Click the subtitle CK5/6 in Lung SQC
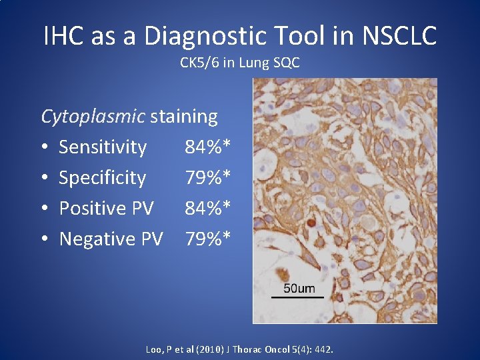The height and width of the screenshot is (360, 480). click(x=239, y=63)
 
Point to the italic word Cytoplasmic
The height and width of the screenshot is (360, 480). click(x=93, y=117)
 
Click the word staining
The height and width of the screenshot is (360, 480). click(x=184, y=117)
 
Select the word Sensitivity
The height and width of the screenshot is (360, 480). click(x=103, y=147)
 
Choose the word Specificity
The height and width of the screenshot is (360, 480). click(x=102, y=178)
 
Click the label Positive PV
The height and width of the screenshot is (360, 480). click(x=106, y=208)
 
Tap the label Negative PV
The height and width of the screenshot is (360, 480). click(x=111, y=239)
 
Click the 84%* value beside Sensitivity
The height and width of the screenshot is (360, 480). click(x=208, y=147)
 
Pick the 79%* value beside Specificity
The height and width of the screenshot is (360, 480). click(x=208, y=178)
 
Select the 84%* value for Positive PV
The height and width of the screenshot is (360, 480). click(x=208, y=208)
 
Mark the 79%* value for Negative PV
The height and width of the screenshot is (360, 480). click(x=208, y=239)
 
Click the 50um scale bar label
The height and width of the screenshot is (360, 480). click(x=299, y=288)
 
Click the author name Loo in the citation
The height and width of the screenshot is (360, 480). click(x=153, y=349)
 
